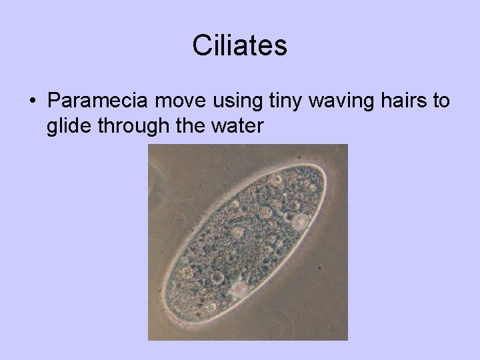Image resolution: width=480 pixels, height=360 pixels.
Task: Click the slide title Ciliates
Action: point(240,46)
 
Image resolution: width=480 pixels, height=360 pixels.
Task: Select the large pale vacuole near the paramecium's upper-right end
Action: point(299,220)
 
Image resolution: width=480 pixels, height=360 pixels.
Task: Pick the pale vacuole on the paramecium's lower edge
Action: point(238,287)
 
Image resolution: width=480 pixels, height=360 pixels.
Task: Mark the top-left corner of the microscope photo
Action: point(149,145)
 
